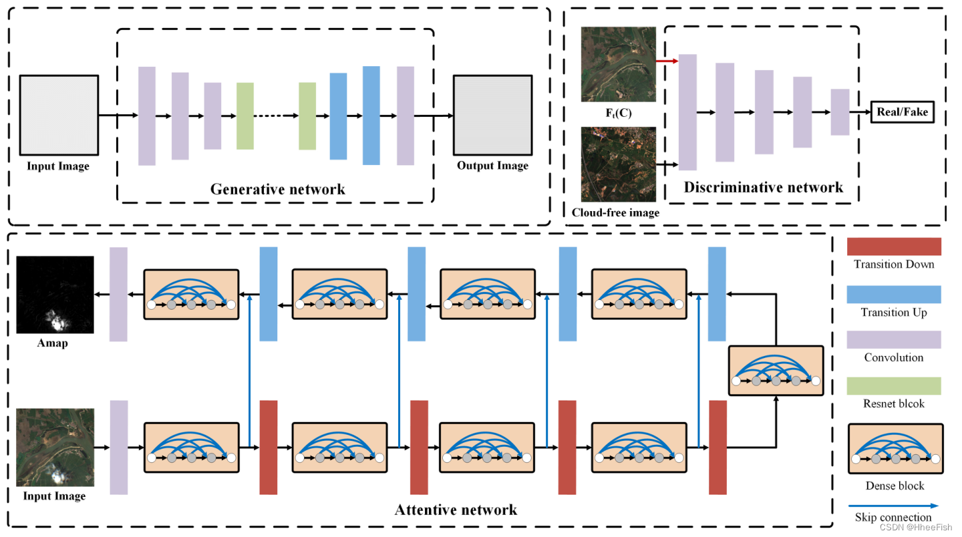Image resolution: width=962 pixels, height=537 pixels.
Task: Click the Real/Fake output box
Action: [x=902, y=112]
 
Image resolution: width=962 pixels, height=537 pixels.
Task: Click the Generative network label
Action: [x=277, y=189]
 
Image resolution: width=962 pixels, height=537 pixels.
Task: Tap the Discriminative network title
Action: [x=763, y=187]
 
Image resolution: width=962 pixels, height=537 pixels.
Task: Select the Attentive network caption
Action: [x=456, y=510]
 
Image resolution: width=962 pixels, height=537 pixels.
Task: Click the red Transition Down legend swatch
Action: [x=894, y=246]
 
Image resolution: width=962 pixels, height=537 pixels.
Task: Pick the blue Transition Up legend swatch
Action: [x=894, y=295]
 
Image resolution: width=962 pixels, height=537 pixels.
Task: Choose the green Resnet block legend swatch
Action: [x=894, y=386]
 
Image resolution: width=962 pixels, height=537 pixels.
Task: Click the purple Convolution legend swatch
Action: [x=894, y=339]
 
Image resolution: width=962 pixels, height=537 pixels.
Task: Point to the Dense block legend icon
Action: [x=895, y=449]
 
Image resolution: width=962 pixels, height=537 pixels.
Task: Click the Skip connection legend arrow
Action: [x=894, y=506]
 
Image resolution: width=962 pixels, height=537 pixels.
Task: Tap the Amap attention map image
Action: [x=55, y=295]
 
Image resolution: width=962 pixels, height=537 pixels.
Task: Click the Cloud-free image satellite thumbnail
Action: [x=619, y=164]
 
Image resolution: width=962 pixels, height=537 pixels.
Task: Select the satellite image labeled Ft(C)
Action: [x=619, y=64]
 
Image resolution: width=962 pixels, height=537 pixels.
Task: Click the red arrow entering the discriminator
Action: [x=667, y=61]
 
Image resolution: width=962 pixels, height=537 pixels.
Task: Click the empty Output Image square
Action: [x=492, y=115]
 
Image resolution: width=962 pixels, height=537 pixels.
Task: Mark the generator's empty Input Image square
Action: [x=59, y=115]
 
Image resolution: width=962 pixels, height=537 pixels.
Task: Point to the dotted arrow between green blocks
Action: [x=276, y=116]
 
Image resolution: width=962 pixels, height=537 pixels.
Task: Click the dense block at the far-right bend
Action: [x=776, y=371]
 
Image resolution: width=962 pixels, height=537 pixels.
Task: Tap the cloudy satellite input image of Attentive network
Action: [x=55, y=447]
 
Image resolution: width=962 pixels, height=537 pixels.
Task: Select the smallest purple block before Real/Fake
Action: [x=840, y=112]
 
